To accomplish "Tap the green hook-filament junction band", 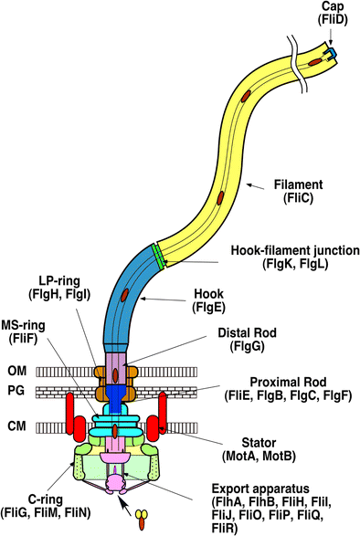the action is (x=158, y=257).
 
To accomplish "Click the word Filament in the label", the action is (x=298, y=184).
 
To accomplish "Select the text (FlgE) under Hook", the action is (x=208, y=308).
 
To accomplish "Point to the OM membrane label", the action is (x=17, y=371).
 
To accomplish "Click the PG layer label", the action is (x=16, y=391).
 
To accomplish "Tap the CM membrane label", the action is (x=16, y=426).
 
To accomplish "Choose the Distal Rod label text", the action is (x=247, y=332).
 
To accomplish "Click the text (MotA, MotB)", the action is (x=259, y=457).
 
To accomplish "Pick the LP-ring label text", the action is (x=59, y=281).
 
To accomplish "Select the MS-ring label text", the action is (x=23, y=325).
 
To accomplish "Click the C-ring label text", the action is (x=46, y=499).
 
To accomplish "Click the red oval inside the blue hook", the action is (x=125, y=295).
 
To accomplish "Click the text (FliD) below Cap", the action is (x=333, y=20).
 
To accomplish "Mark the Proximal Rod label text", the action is (x=288, y=382).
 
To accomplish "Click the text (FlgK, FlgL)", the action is (x=295, y=264).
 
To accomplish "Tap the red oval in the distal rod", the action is (x=115, y=372).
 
